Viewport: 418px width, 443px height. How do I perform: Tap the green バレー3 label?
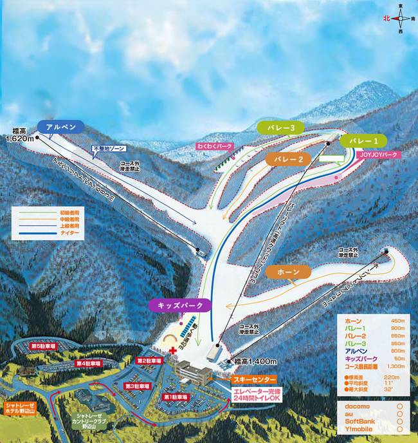coord(280,128)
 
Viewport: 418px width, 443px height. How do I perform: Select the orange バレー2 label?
coord(287,158)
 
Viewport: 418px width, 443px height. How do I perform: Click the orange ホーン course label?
coord(289,272)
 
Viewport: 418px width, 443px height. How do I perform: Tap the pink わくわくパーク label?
coord(215,147)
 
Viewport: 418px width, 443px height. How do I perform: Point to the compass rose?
coord(401,19)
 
